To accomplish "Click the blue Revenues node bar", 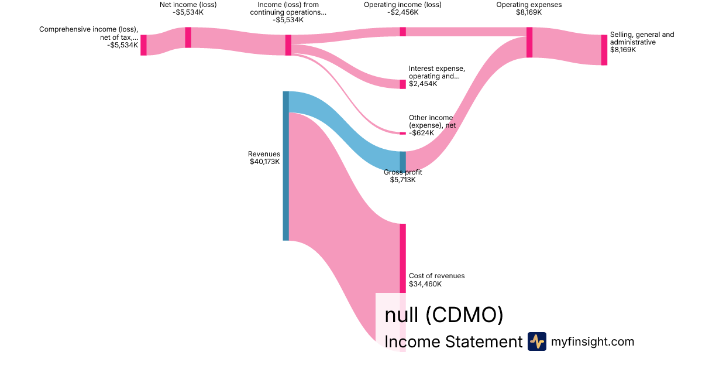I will point(285,166).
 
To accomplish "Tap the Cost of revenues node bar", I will point(402,258).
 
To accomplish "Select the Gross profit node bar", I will point(402,161).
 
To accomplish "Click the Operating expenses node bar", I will point(529,42).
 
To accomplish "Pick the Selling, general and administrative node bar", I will point(604,50).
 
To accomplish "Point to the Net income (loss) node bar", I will point(188,37).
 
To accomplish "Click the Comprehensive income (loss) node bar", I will point(143,45).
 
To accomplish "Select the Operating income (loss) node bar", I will point(402,32).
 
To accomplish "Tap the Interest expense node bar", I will point(402,84).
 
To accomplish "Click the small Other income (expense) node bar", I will point(402,133).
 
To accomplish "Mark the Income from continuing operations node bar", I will point(288,45).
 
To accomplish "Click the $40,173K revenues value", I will point(264,162).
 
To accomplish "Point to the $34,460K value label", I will point(425,284).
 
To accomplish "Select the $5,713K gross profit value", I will point(402,180).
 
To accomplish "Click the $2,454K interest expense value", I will point(423,84).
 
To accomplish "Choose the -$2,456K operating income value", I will point(402,12).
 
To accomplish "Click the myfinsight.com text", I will point(593,341).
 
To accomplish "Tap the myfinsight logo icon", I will point(536,341).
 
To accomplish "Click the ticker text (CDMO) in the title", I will point(464,315).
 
